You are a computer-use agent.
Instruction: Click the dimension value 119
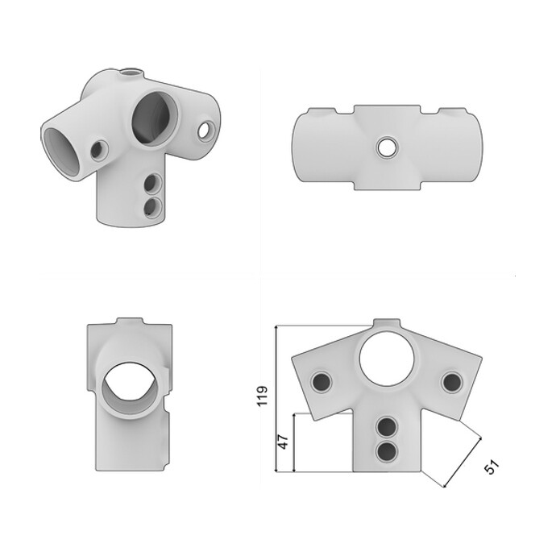click(262, 396)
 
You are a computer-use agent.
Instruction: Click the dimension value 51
click(492, 467)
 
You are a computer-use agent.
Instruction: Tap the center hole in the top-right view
click(387, 147)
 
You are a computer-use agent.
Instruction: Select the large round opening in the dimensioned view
click(387, 358)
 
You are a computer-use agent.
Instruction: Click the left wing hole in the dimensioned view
click(322, 382)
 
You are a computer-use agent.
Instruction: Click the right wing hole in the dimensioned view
click(452, 382)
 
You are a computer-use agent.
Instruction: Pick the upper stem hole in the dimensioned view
click(387, 426)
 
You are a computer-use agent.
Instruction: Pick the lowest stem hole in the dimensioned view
click(387, 452)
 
